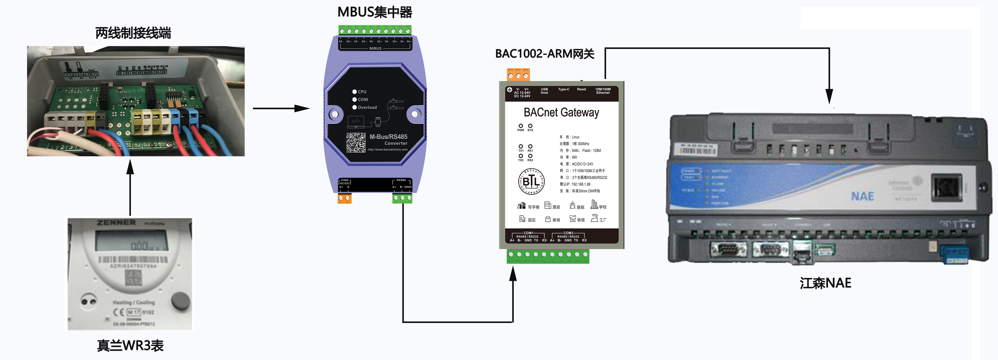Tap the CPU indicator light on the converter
coord(354,92)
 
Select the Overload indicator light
coord(354,107)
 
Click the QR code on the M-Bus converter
coord(356,142)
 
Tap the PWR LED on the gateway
coord(521,126)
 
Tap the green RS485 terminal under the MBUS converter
coord(402,198)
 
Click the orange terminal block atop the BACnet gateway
coord(518,75)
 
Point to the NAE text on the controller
coord(862,197)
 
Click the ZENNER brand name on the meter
coord(116,223)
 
